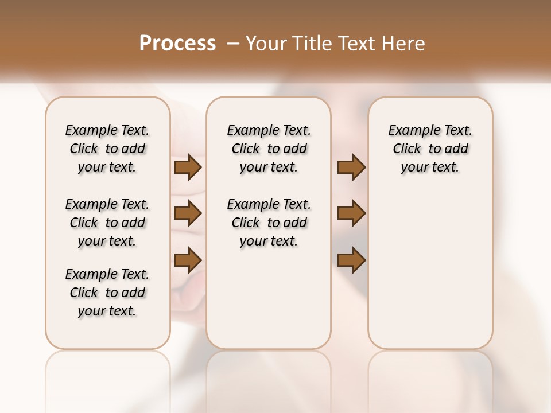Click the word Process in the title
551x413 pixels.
[177, 44]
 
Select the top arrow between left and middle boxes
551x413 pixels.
[188, 167]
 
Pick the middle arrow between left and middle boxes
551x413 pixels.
[188, 213]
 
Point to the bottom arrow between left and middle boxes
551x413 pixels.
[188, 260]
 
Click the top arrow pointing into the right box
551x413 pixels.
[351, 167]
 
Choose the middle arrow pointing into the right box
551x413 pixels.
[351, 213]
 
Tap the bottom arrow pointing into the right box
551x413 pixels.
[351, 260]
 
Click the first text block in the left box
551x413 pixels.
[107, 149]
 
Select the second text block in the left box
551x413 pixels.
[107, 223]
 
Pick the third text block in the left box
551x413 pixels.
[107, 293]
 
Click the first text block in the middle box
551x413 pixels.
[269, 149]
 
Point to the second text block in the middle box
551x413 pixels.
[269, 223]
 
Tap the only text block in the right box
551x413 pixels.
[430, 149]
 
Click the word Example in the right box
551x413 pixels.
[410, 131]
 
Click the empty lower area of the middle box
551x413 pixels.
[269, 298]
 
